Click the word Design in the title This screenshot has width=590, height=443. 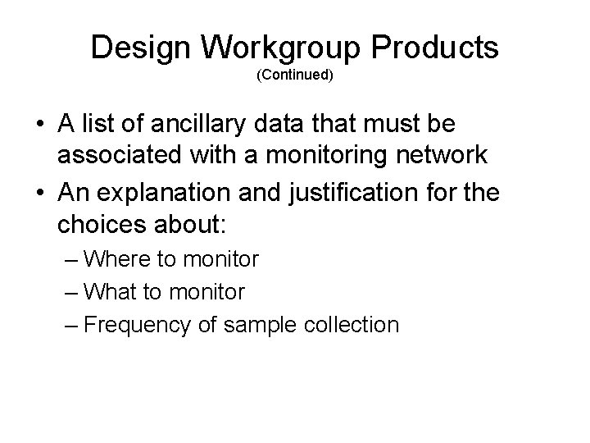pos(141,48)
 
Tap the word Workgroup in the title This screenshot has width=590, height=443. pos(283,48)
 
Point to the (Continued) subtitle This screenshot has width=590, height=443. pos(294,75)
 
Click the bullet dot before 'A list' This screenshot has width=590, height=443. pos(39,125)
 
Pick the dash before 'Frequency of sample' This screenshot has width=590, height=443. pos(71,324)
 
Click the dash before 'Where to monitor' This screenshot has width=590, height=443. pos(71,260)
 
